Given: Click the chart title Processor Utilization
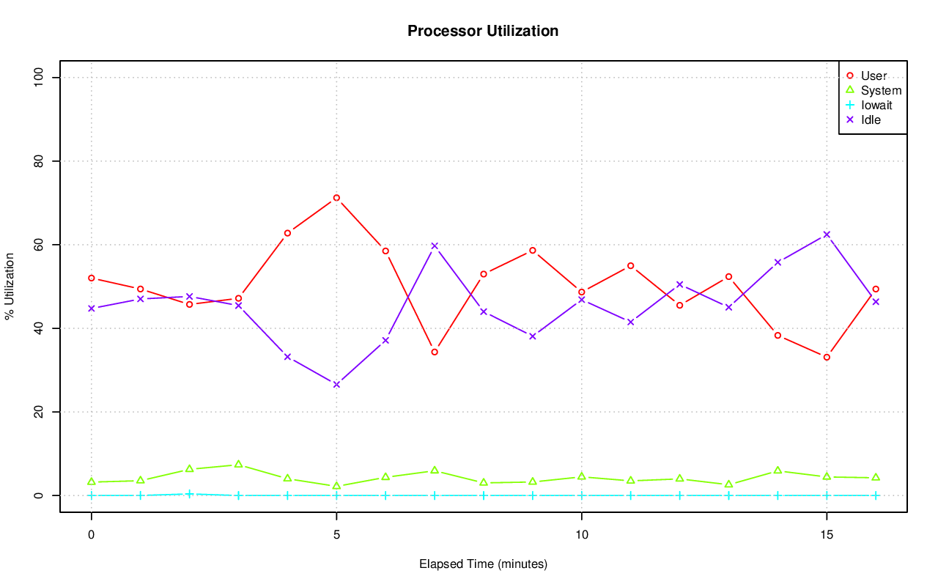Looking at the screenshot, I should (x=483, y=31).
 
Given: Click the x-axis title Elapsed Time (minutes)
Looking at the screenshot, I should (x=483, y=564).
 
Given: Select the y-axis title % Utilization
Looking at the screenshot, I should (x=10, y=287).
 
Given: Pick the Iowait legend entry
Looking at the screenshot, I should (x=876, y=105).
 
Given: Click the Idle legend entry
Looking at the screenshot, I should (x=871, y=119).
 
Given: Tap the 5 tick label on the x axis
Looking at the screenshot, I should (x=336, y=534).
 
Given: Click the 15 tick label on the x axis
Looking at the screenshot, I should (x=827, y=534).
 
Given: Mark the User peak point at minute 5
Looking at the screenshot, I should (x=336, y=198).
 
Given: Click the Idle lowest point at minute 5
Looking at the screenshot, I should (x=336, y=384).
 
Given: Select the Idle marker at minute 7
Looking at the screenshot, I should (x=435, y=245).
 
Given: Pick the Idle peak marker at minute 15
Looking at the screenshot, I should (x=827, y=235).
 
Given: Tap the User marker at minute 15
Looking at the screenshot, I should (x=827, y=357).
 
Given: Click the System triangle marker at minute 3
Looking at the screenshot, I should (x=238, y=464).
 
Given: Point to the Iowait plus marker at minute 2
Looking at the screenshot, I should (x=189, y=494).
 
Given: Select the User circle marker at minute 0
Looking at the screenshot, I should (x=92, y=278).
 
